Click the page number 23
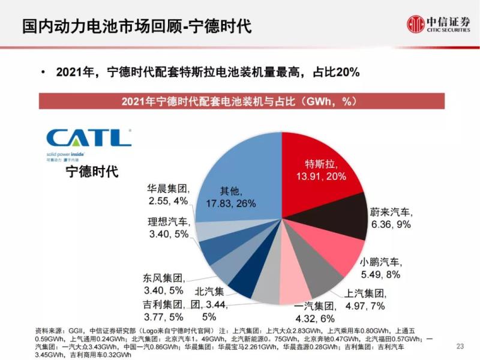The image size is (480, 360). (x=461, y=346)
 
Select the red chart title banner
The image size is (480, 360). (x=241, y=101)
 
